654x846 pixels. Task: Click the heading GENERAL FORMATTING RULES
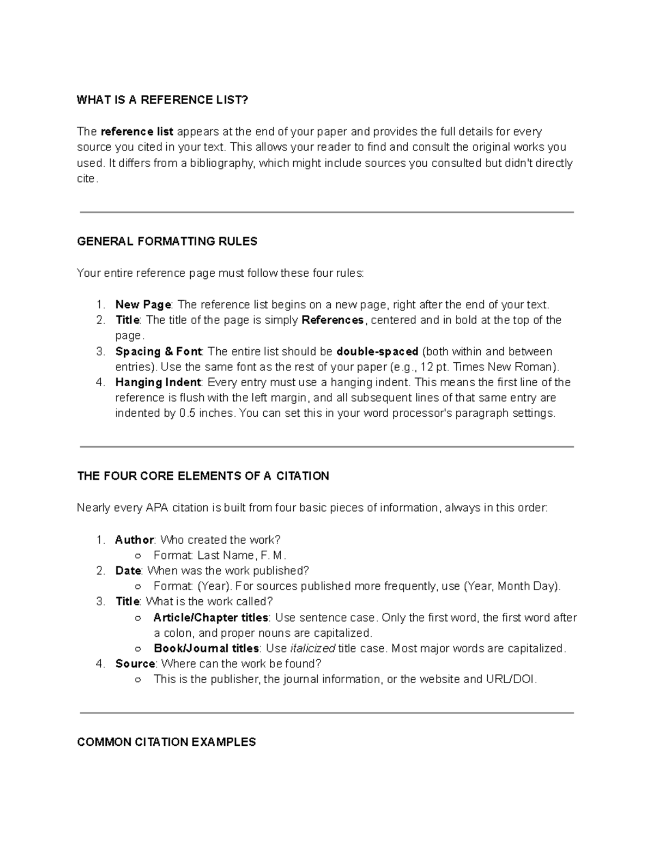tap(167, 241)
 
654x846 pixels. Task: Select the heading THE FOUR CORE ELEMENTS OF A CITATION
tap(203, 476)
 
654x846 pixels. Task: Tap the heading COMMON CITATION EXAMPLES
tap(167, 742)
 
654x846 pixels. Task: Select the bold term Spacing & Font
tap(158, 351)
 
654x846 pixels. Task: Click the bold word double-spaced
tap(378, 351)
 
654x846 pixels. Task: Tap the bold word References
tap(332, 320)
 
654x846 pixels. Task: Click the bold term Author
tap(135, 540)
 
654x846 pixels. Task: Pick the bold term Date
tap(128, 571)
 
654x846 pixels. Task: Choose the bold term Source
tap(135, 664)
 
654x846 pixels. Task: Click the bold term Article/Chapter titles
tap(211, 618)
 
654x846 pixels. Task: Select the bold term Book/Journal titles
tap(207, 648)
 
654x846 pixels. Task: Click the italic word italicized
tap(312, 648)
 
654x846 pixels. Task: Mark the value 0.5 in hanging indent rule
tap(187, 413)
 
